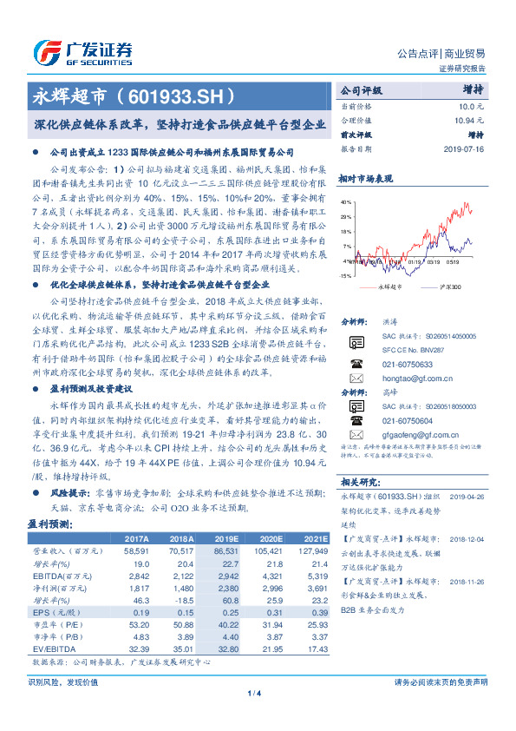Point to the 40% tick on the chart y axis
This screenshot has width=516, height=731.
[346, 201]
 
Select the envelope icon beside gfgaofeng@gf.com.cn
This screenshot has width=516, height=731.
[355, 430]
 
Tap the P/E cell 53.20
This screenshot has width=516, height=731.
[138, 624]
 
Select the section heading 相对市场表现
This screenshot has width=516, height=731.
[366, 179]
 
